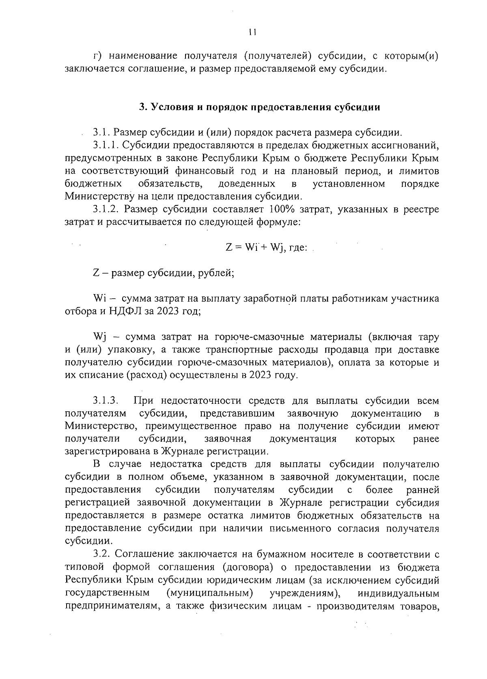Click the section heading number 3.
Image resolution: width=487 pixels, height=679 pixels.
[142, 107]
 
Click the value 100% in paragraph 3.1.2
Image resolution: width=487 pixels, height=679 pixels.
[282, 209]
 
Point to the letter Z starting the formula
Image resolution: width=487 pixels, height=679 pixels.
[228, 248]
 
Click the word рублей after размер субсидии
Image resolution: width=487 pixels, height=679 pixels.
[216, 273]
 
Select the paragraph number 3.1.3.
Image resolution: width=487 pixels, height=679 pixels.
[106, 401]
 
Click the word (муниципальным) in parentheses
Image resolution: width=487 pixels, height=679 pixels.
[210, 593]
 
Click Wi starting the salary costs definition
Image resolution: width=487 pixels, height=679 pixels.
[99, 299]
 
